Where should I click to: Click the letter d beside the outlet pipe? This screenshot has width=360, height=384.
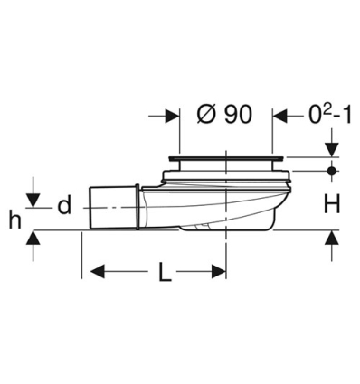[63, 206]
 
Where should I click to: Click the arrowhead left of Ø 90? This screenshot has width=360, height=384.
[170, 116]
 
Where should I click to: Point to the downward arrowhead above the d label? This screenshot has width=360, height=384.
[33, 199]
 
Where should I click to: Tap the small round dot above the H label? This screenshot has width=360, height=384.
[332, 170]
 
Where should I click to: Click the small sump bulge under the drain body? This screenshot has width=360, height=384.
[201, 229]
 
